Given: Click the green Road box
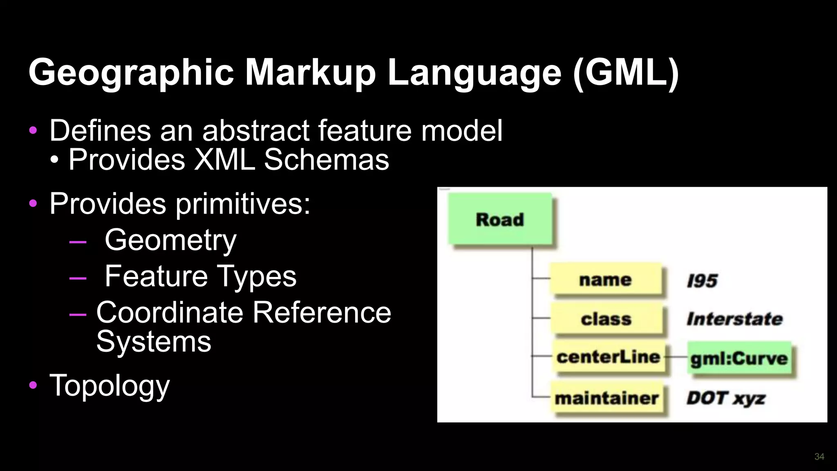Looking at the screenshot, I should tap(500, 219).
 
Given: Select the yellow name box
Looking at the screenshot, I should tap(605, 280).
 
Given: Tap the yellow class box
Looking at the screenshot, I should tap(606, 319).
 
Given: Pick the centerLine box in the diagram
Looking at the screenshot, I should tap(608, 357).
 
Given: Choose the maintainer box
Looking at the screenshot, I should tap(606, 398).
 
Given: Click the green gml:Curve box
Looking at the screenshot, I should tap(739, 358).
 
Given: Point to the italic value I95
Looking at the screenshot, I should tap(702, 281).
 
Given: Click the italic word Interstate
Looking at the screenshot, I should tap(734, 319).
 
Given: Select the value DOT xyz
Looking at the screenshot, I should tap(726, 398).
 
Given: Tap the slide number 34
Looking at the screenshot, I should tap(819, 457).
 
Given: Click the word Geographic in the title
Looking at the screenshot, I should tap(131, 72).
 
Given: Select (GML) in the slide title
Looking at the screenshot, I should tap(626, 72).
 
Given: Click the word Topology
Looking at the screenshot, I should tap(109, 385).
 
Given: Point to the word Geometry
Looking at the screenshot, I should tap(170, 240).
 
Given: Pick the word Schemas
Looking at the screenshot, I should tap(326, 159).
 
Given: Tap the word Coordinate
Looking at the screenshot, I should tap(170, 313).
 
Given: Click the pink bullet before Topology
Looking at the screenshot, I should tap(33, 385).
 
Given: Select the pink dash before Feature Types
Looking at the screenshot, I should tap(78, 278).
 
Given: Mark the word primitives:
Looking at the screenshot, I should tap(243, 203).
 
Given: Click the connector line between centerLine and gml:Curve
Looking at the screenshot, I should tap(676, 357).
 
